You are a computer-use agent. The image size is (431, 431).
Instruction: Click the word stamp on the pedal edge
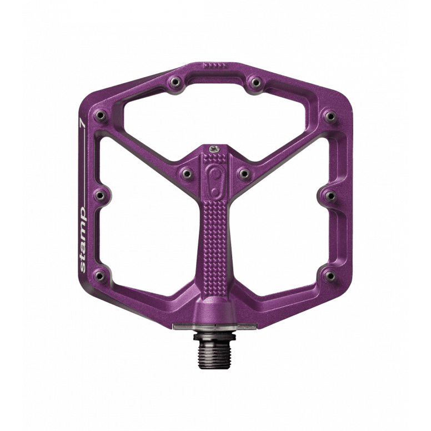pos(83,240)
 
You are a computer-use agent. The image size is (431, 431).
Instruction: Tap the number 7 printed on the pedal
pos(82,123)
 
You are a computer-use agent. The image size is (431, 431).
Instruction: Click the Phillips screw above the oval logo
pos(214,149)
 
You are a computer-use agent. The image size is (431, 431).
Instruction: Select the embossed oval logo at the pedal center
pos(215,182)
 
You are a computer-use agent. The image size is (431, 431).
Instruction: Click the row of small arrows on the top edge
pos(214,66)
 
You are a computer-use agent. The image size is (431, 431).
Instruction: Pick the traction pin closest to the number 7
pos(101,116)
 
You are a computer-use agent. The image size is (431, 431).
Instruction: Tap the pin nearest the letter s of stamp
pos(100,275)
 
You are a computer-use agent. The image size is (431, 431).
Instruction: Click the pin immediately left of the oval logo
pos(187,173)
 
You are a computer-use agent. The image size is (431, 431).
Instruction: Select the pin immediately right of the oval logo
pos(244,174)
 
